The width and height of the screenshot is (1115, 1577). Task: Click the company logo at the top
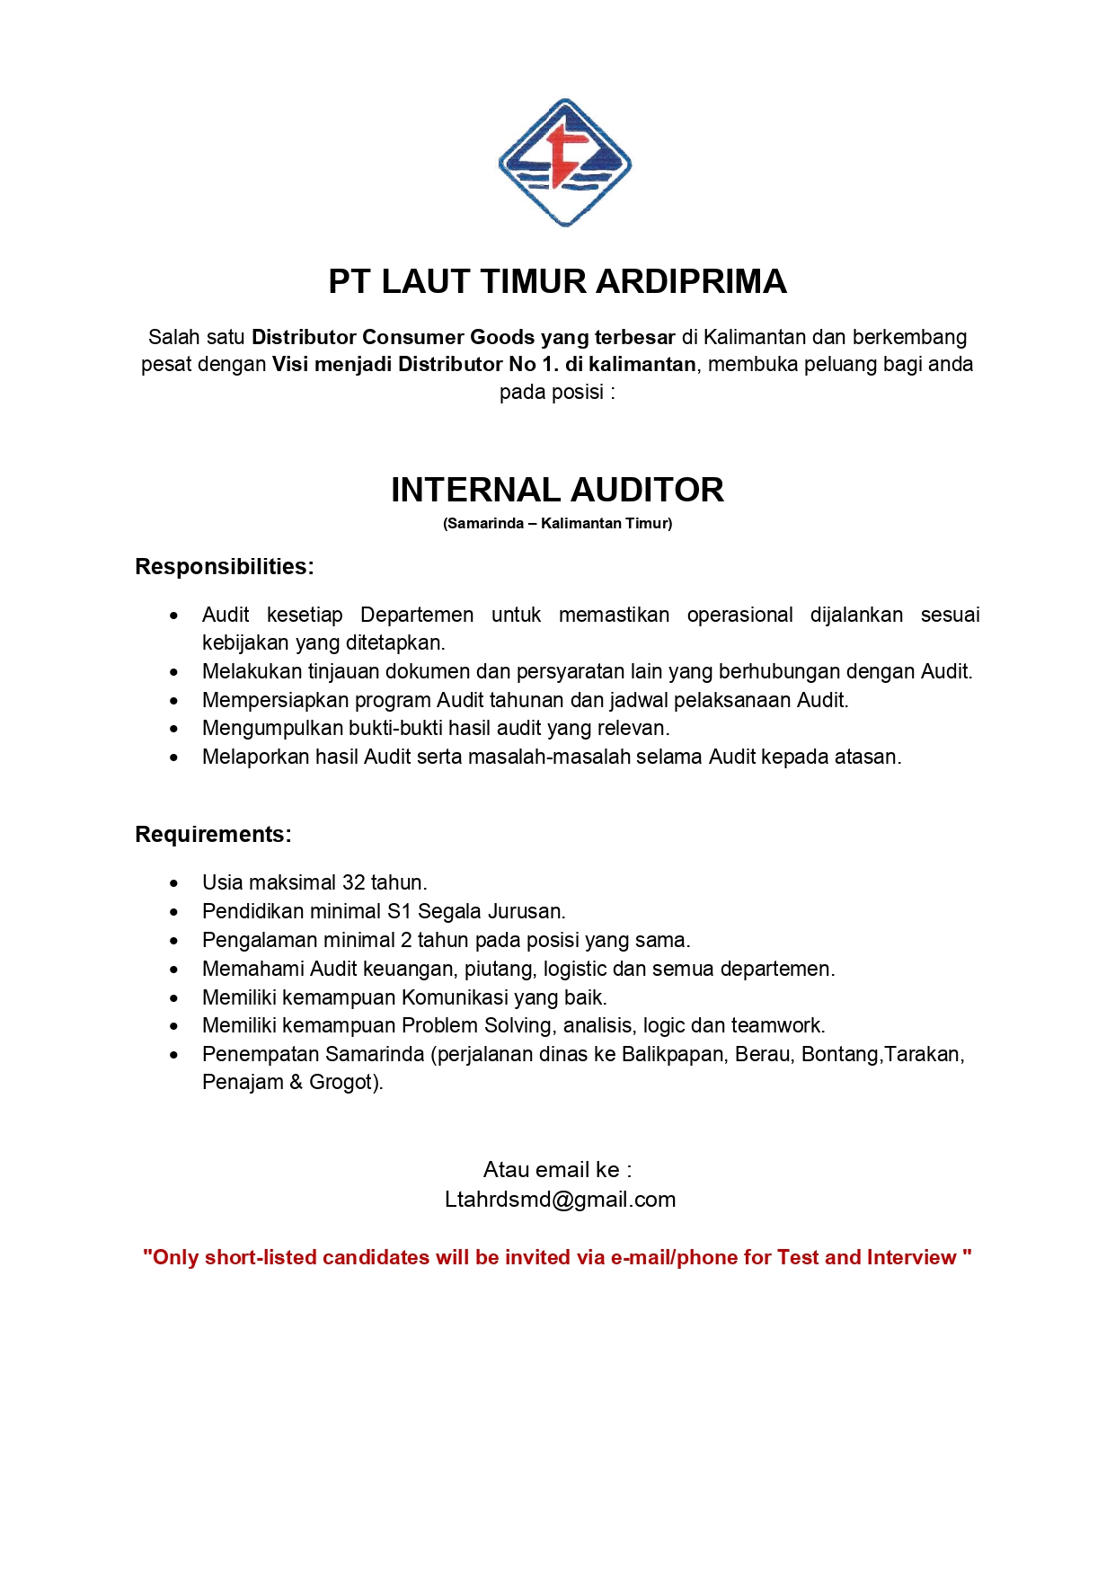coord(564,163)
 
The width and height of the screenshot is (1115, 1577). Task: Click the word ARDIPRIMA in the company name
coord(691,282)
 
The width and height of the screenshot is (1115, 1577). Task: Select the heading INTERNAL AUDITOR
coord(557,491)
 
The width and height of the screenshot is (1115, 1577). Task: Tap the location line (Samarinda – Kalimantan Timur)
coord(557,524)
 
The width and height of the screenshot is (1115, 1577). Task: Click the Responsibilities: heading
coord(225,567)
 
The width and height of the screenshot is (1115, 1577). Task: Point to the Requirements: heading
coord(213,835)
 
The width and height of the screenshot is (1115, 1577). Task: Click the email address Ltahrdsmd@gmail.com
coord(560,1200)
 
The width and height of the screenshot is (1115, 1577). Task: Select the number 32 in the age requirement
coord(353,883)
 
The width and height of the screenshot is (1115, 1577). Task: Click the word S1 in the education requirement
coord(399,912)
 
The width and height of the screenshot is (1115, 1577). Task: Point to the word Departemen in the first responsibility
coord(417,616)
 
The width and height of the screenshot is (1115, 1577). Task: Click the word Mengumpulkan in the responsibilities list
coord(272,729)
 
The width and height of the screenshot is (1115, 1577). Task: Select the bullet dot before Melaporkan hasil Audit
coord(174,758)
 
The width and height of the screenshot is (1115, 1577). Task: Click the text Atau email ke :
coord(557,1170)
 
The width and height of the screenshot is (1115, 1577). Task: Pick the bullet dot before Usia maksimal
coord(174,884)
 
